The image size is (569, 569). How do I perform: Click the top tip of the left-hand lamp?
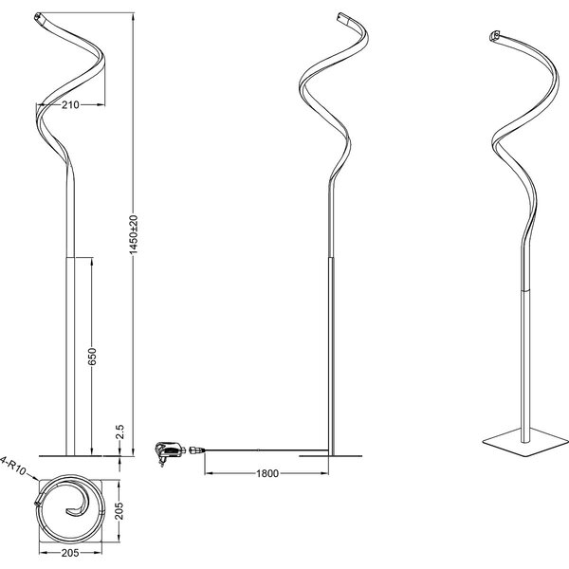(37, 17)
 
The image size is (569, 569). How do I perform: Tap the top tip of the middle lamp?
(343, 16)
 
